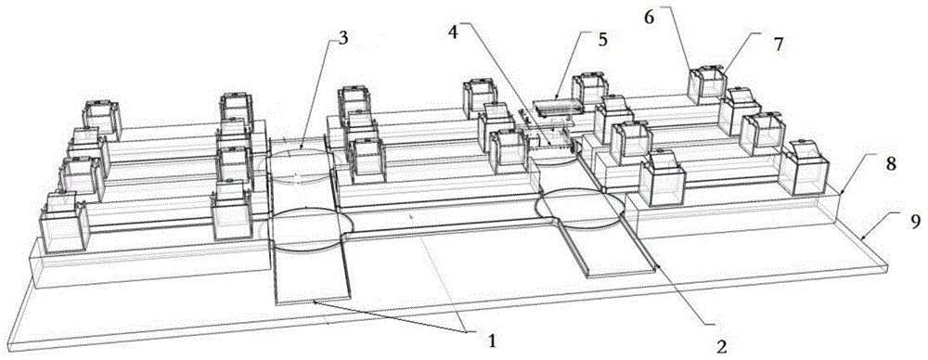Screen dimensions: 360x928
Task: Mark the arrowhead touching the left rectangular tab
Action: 316,301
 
